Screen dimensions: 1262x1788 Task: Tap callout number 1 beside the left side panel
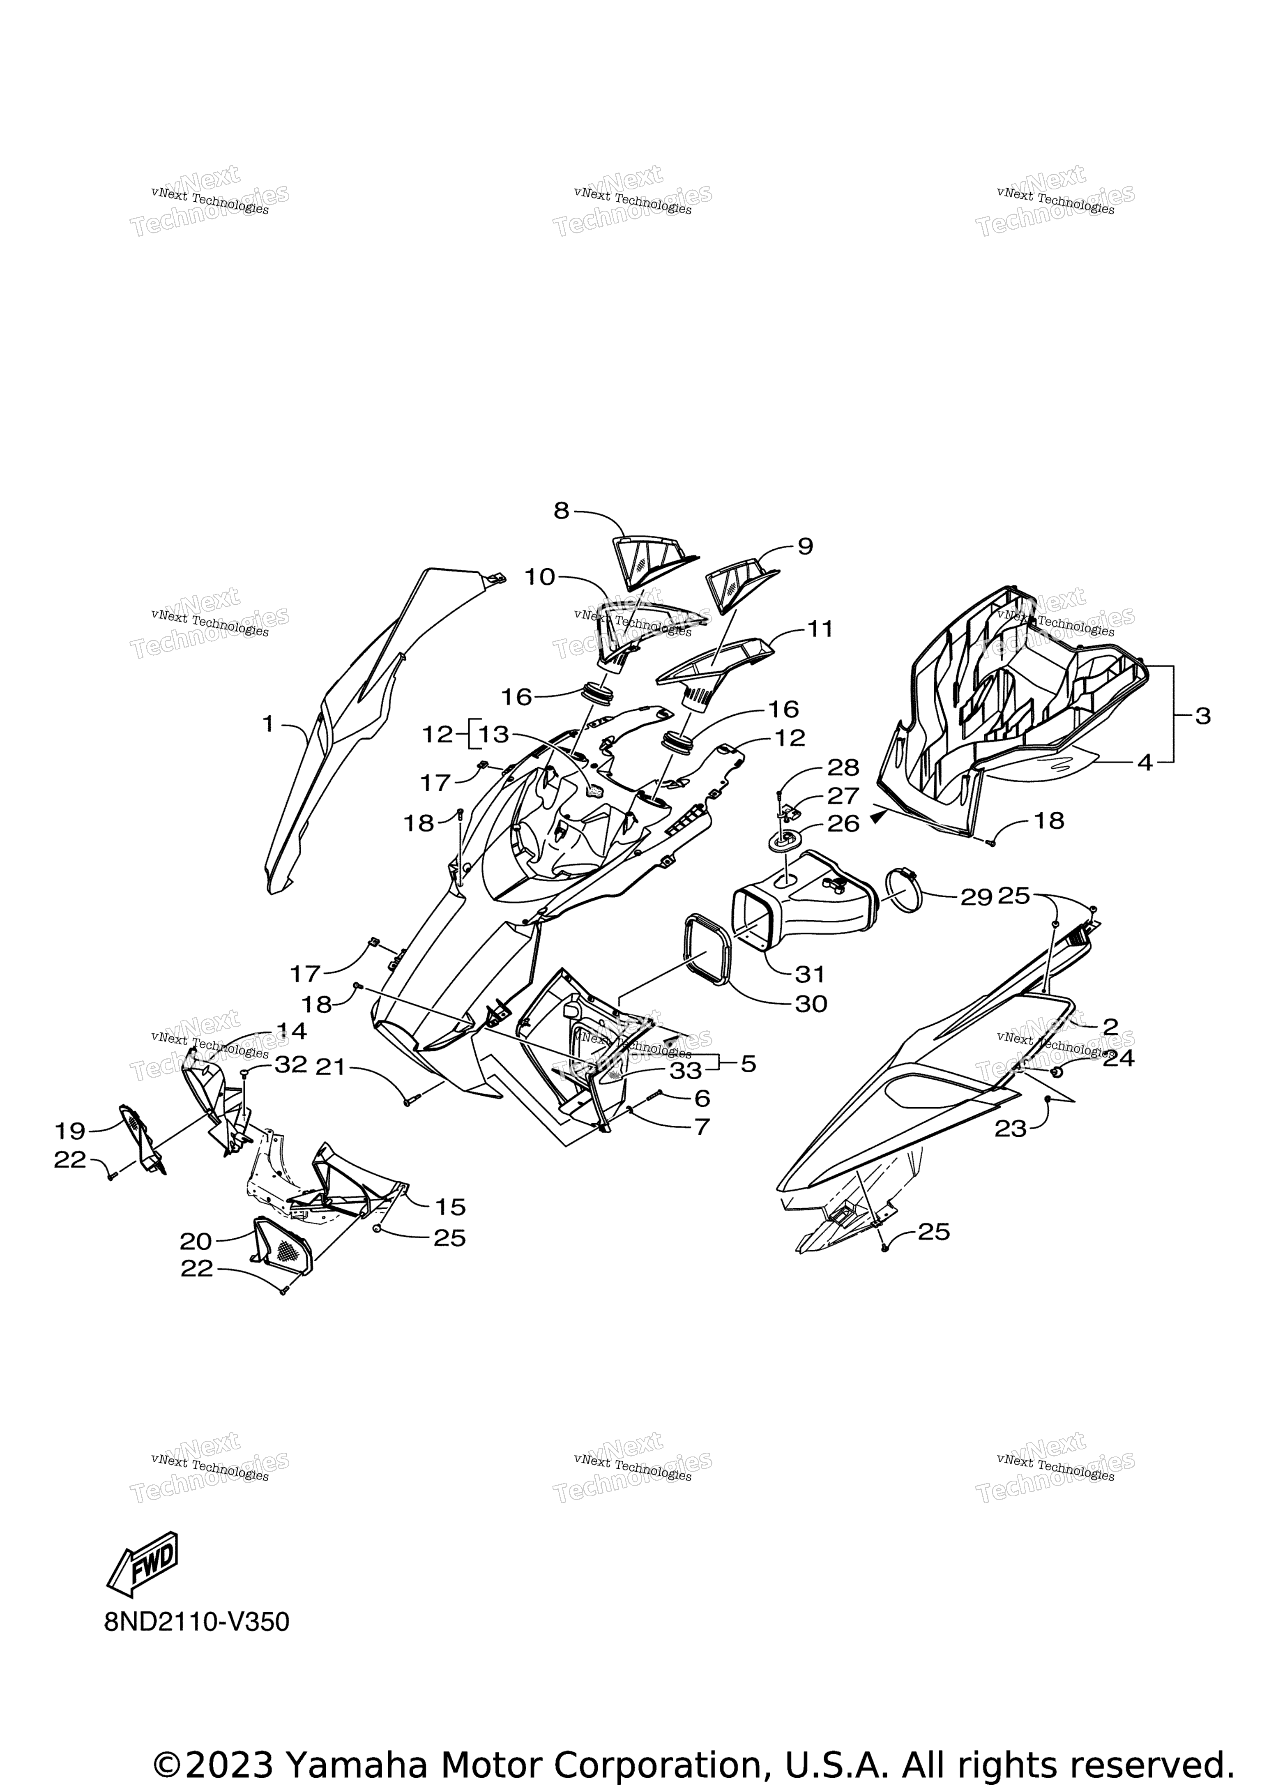pyautogui.click(x=269, y=724)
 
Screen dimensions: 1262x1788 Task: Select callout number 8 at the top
pyautogui.click(x=561, y=511)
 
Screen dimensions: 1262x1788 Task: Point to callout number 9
pyautogui.click(x=805, y=547)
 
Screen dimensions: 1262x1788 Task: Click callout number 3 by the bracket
pyautogui.click(x=1203, y=717)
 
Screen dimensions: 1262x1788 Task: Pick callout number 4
pyautogui.click(x=1145, y=763)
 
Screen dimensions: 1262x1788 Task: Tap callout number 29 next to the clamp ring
pyautogui.click(x=976, y=897)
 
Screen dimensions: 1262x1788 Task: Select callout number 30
pyautogui.click(x=811, y=1004)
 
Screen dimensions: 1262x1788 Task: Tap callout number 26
pyautogui.click(x=843, y=823)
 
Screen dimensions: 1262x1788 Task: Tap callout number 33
pyautogui.click(x=686, y=1071)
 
